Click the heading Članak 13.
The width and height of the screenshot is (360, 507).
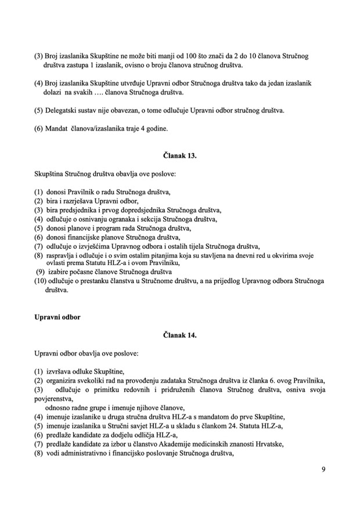[x=181, y=155]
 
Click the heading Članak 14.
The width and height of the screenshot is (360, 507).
[x=181, y=335]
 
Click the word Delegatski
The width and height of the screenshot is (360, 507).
[x=63, y=110]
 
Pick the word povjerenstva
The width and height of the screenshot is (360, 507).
[x=54, y=399]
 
